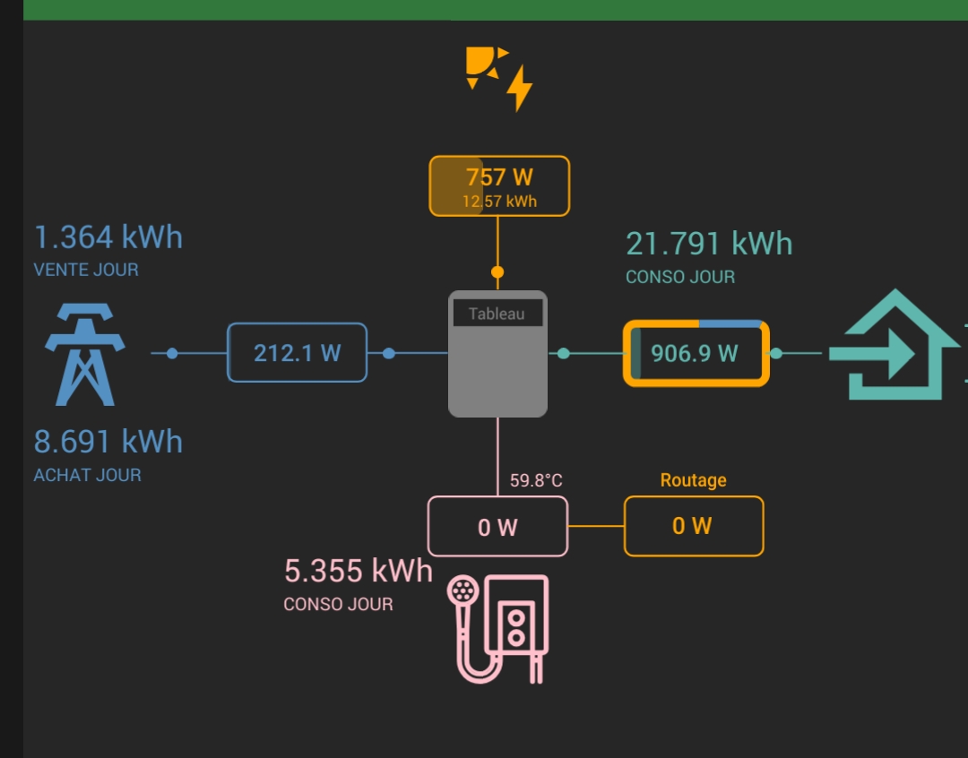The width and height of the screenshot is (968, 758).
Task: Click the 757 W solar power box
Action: [499, 185]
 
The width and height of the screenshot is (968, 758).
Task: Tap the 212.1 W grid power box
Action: [297, 352]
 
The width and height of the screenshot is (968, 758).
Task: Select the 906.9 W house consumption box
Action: [696, 353]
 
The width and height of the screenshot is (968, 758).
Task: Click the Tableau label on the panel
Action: [497, 314]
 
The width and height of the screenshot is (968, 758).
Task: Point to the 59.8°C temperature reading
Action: [536, 480]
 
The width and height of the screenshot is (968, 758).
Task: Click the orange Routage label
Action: [693, 480]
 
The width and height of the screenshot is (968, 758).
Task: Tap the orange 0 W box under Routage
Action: [694, 526]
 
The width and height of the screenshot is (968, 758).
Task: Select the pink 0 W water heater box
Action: [497, 527]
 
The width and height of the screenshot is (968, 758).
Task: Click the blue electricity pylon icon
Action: [85, 354]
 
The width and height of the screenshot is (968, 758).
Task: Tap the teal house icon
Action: [894, 345]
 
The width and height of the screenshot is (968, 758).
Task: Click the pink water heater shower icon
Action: [497, 629]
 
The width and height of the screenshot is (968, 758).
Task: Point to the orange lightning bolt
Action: [519, 88]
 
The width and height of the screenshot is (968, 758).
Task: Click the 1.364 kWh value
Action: [108, 237]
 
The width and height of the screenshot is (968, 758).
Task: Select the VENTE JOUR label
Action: [86, 270]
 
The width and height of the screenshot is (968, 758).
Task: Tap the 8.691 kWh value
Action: [108, 442]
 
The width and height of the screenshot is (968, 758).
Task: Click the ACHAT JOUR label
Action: [87, 475]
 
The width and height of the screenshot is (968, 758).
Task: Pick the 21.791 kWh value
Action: [709, 244]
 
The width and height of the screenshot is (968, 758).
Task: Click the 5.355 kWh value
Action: [358, 571]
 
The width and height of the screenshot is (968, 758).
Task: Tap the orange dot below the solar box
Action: [497, 272]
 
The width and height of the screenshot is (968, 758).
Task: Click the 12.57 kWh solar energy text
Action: [499, 202]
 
